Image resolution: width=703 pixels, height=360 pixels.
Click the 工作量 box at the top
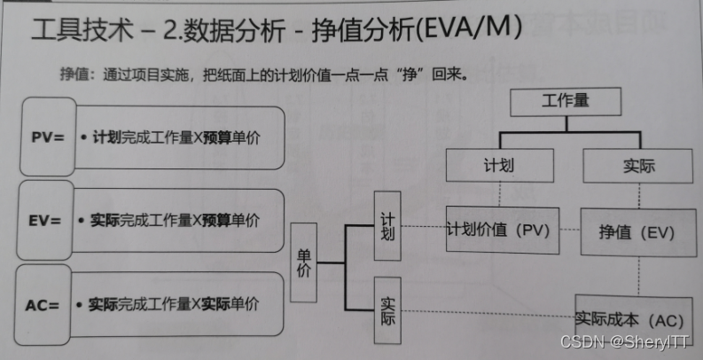pos(564,103)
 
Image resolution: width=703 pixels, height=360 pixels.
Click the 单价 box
pos(304,262)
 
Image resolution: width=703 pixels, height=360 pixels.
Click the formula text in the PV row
pos(174,139)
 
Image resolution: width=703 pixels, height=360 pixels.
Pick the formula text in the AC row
pos(174,304)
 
